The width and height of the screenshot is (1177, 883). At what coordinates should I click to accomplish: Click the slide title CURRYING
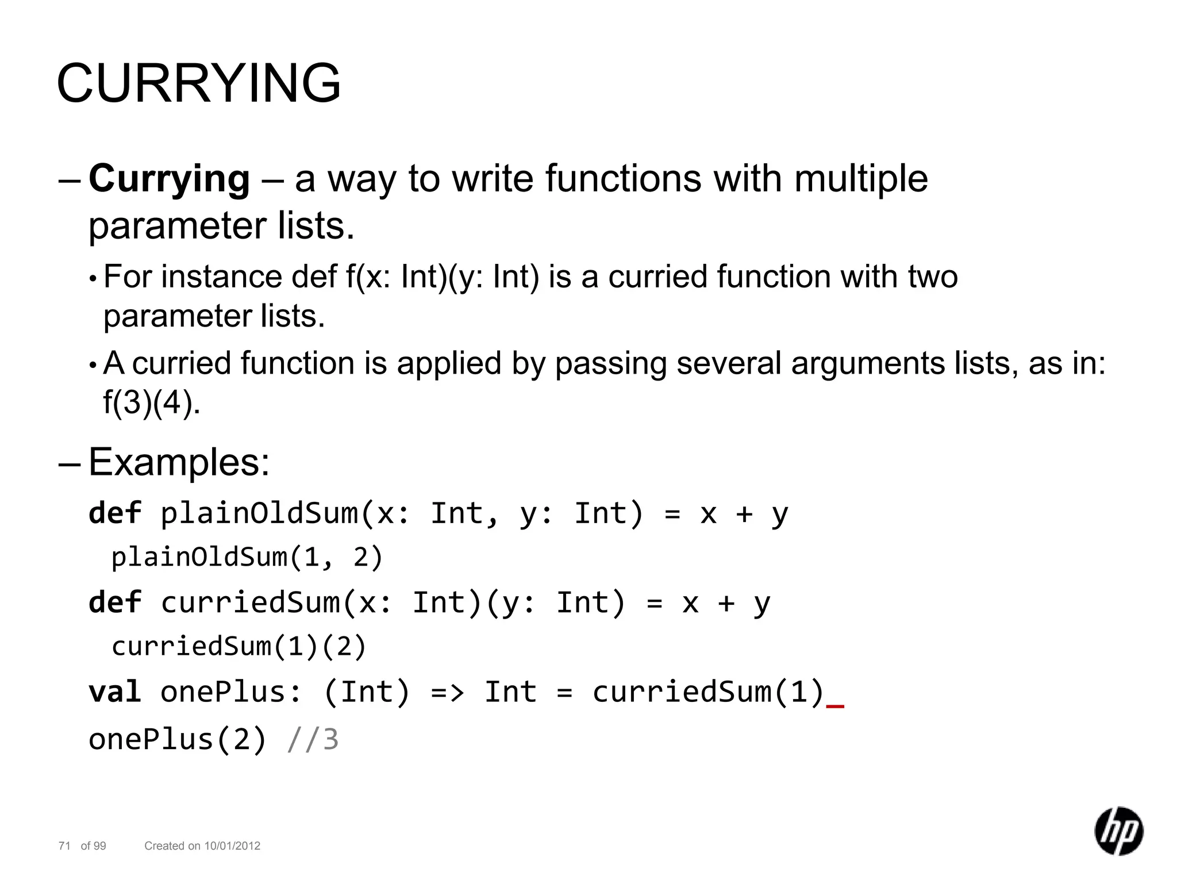pos(199,83)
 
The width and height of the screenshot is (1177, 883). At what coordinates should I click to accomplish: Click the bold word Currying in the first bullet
pos(169,179)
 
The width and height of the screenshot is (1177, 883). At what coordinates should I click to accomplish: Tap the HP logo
pos(1118,831)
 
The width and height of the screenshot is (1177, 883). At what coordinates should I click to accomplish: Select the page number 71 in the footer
pos(64,846)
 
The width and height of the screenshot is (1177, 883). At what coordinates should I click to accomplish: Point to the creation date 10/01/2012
pos(232,846)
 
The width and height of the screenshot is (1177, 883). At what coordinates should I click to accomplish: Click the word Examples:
pos(179,462)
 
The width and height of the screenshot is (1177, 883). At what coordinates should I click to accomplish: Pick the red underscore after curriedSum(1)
pos(835,705)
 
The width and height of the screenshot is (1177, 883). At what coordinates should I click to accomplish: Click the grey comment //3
pos(313,739)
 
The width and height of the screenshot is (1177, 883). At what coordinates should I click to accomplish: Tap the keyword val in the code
pos(114,692)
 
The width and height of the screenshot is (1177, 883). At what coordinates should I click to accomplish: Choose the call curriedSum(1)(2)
pos(239,646)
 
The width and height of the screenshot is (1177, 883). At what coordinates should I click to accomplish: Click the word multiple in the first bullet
pos(861,178)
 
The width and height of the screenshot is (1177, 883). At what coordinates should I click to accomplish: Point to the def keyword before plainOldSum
pos(114,513)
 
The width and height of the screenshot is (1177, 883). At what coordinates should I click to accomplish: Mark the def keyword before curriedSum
pos(114,602)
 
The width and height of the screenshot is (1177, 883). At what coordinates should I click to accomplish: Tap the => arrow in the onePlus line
pos(447,692)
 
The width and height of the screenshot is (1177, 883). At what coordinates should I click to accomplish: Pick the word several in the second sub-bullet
pos(729,363)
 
